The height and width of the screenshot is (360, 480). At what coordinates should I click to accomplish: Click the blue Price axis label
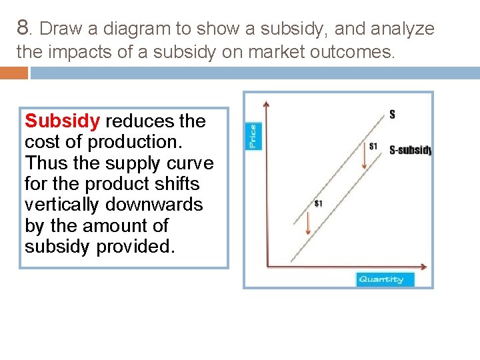point(253,135)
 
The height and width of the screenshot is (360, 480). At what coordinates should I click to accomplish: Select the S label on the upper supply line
point(392,114)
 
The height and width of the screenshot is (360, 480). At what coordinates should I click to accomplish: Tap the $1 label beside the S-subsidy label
point(373,146)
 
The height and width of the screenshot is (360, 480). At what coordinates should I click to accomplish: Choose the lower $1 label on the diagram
point(318,203)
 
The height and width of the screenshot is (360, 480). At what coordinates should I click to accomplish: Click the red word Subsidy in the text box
point(62,121)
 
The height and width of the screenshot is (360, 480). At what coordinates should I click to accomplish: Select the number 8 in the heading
point(24,28)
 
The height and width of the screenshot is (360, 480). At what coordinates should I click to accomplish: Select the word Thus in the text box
point(45,163)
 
